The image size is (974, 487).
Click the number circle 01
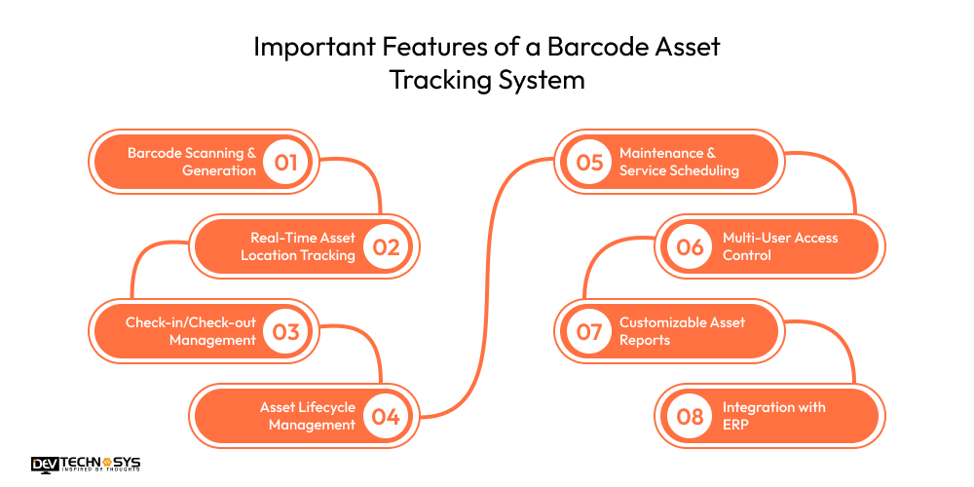point(285,162)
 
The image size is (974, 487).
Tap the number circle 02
point(386,246)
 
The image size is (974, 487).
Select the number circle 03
point(285,331)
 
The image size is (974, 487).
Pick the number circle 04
point(386,416)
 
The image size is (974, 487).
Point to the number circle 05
point(590,162)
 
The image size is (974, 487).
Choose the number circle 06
point(690,246)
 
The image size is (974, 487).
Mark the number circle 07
point(590,331)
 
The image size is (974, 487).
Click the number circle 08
point(690,416)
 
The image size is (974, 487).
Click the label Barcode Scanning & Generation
point(192,162)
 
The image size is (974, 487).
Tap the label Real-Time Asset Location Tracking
point(298,246)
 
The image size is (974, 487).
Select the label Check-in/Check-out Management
point(191,331)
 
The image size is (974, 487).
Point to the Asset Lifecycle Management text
point(307,416)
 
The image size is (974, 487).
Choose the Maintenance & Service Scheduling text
point(679,162)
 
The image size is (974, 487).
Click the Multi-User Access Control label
point(780,246)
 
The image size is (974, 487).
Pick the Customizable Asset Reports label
point(682,331)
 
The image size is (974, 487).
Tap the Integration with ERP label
point(773,416)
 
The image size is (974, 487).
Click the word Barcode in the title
point(581,47)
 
